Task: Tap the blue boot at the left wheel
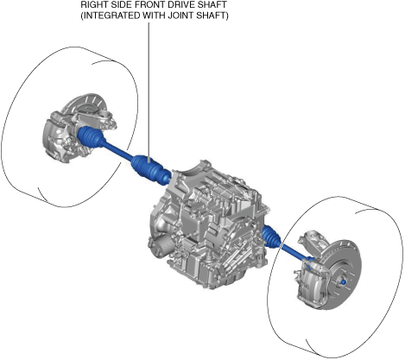tap(90, 136)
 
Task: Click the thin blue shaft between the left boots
tap(118, 151)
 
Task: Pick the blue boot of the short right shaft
tap(271, 237)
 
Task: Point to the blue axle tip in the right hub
tap(344, 281)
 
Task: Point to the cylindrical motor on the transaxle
tap(159, 244)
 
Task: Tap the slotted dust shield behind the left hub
tap(86, 106)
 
